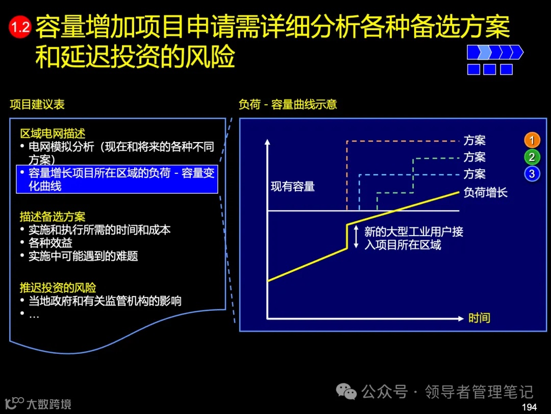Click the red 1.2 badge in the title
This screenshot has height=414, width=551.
(x=20, y=27)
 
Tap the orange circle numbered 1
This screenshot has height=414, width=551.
(x=532, y=140)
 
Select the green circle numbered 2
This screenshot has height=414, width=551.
(x=532, y=157)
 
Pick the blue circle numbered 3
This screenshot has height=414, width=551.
(x=532, y=174)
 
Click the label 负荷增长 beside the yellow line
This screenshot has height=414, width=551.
(x=485, y=192)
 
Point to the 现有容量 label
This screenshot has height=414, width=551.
(x=292, y=187)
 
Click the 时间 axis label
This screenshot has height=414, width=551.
(x=479, y=318)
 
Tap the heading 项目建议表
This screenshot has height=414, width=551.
(x=37, y=105)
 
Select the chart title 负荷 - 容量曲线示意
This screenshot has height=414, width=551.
(x=288, y=105)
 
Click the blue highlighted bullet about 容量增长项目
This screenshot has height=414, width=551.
(x=117, y=179)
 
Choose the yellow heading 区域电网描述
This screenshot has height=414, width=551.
(x=53, y=134)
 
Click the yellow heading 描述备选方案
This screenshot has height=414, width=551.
(x=53, y=217)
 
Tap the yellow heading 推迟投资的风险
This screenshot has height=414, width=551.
(x=58, y=287)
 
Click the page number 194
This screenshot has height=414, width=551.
(x=530, y=407)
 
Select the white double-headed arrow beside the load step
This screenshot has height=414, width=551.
(x=356, y=237)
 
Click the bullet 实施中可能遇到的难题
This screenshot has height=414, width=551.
(x=83, y=256)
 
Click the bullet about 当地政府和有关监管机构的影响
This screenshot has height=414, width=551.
(x=105, y=301)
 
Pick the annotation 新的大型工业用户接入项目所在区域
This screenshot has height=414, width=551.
(x=413, y=238)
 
